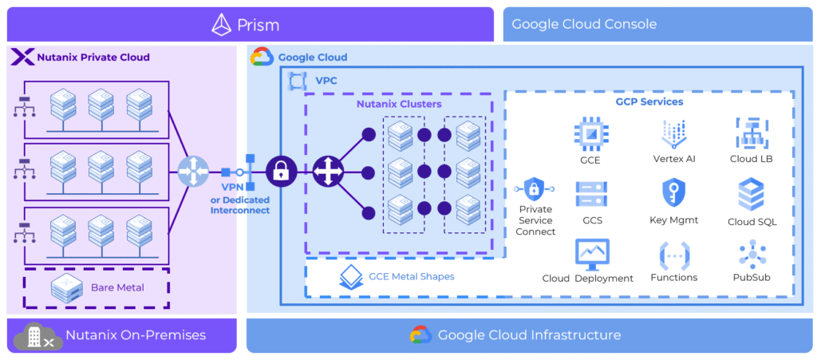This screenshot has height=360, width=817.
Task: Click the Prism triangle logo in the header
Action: pos(221,25)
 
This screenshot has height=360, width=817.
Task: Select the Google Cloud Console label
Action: pos(584,24)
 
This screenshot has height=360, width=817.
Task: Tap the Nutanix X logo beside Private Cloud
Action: pos(24,57)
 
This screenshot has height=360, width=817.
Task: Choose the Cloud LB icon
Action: pos(751,133)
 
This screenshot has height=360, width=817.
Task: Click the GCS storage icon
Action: pos(591,194)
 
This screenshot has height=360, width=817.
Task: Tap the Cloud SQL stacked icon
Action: pos(751,194)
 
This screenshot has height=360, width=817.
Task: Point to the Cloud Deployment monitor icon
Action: pos(591,255)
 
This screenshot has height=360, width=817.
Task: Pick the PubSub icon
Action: pos(752,255)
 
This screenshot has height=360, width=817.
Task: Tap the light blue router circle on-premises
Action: pos(193,172)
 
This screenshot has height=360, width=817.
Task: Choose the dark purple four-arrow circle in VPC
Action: pos(326,171)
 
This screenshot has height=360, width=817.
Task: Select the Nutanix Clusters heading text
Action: pos(398,104)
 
